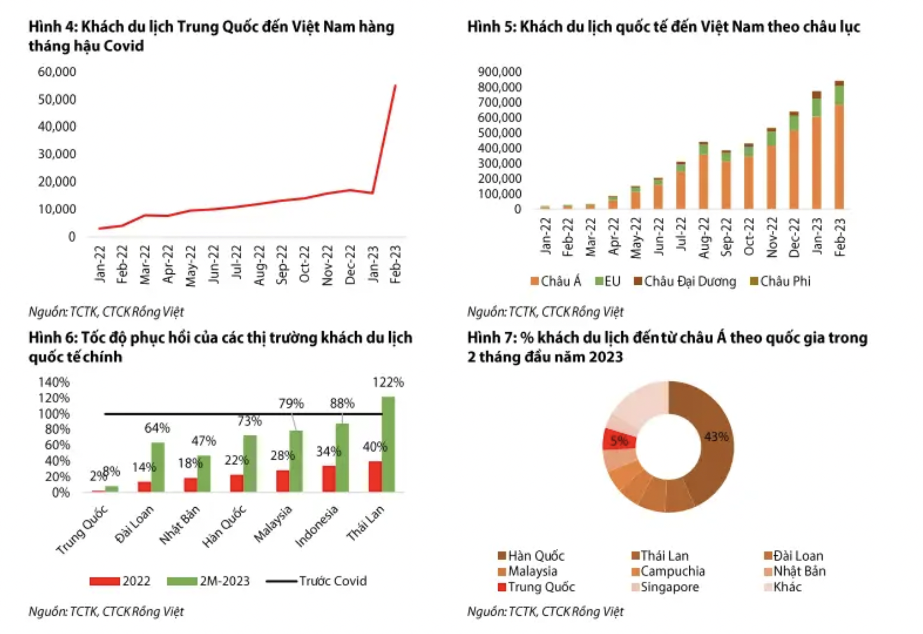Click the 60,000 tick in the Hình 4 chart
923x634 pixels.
tap(57, 72)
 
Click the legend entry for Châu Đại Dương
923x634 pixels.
tap(685, 281)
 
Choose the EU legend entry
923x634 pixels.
tap(608, 281)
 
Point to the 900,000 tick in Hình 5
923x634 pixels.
tap(500, 72)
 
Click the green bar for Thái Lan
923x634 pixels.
tap(389, 444)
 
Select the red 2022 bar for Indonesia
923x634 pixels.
tap(328, 478)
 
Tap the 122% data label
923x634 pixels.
tap(388, 382)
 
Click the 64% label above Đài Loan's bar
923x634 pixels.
tap(157, 428)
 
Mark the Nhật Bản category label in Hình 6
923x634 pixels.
tap(180, 525)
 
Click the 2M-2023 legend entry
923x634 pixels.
tap(208, 581)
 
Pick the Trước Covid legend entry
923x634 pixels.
tap(317, 581)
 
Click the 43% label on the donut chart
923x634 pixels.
tap(716, 436)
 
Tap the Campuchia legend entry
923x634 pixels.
tap(668, 571)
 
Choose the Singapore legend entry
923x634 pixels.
tap(665, 587)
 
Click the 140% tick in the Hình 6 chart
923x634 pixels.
tap(54, 382)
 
